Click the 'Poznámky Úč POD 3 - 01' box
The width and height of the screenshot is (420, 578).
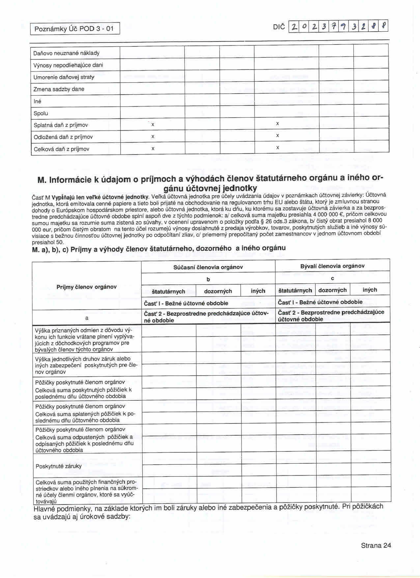[x=74, y=29]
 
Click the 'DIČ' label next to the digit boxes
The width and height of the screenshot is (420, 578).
[x=279, y=27]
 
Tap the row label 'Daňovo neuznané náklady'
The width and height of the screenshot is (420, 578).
[x=66, y=53]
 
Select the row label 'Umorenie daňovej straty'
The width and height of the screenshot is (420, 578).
[x=64, y=77]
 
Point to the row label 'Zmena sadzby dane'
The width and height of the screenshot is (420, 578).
[x=59, y=89]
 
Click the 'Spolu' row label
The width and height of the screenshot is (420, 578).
[x=41, y=113]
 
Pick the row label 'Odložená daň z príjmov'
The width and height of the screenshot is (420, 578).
[x=63, y=137]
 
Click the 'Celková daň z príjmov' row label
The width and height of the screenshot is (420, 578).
[x=61, y=149]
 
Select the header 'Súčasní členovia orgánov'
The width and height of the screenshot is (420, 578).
[x=208, y=267]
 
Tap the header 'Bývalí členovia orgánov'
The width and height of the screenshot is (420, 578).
[x=332, y=266]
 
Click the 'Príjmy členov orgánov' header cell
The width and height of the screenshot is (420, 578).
[x=87, y=287]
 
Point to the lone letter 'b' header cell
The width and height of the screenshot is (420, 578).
[x=208, y=279]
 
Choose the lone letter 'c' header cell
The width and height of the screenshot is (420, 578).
[x=332, y=278]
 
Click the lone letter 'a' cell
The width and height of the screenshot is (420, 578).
[x=87, y=318]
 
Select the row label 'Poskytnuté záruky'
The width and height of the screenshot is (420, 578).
[x=59, y=466]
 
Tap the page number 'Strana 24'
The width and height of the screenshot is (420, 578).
[x=376, y=545]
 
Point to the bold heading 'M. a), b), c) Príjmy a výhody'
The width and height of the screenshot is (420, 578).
[x=159, y=249]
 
